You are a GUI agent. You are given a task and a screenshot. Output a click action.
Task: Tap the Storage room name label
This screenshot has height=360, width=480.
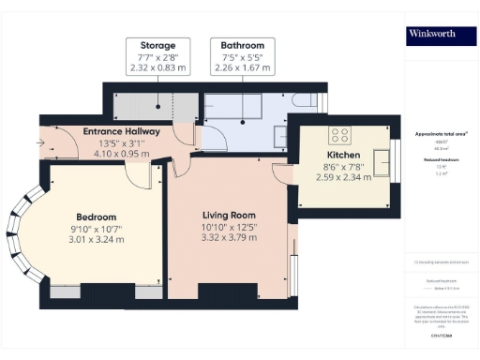[x=157, y=45]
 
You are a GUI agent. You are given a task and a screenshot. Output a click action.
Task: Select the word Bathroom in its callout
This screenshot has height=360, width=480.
[x=242, y=45]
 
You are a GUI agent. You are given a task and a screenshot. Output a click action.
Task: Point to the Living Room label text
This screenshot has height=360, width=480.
[x=229, y=214]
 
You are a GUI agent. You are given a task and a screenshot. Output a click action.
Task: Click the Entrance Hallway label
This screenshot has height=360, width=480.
[x=122, y=131]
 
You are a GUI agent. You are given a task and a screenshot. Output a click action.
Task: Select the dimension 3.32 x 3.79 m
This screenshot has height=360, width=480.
[x=229, y=238]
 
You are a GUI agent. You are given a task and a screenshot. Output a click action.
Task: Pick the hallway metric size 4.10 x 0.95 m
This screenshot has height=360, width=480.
[x=122, y=154]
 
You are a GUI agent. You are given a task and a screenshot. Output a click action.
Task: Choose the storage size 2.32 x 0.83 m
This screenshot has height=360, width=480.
[x=157, y=68]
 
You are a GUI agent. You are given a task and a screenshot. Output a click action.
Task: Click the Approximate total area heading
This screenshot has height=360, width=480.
[x=441, y=135]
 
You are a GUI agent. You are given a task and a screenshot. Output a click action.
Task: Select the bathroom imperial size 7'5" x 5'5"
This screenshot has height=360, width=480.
[x=242, y=57]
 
